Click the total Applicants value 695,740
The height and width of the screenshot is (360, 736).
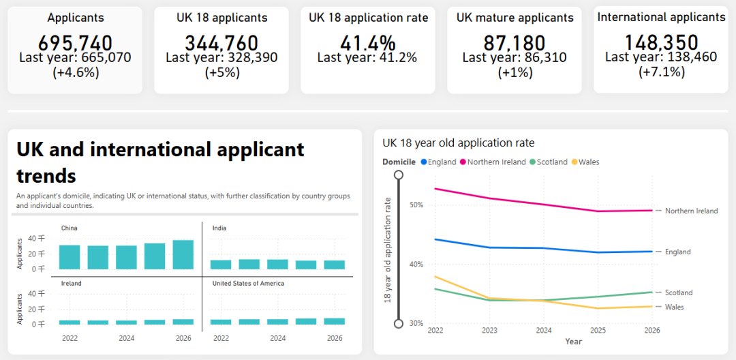click(75, 43)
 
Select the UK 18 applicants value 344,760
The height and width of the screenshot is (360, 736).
click(221, 43)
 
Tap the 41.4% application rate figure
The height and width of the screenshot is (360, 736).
click(367, 43)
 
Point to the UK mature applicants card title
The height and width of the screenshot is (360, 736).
click(515, 18)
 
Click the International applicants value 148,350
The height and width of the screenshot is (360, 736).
click(661, 43)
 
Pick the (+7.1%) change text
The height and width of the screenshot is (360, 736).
click(661, 72)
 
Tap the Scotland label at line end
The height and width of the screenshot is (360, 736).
click(679, 292)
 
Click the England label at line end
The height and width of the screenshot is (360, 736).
click(678, 252)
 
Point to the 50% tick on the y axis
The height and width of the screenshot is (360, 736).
click(418, 205)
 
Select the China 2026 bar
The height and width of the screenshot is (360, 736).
click(183, 255)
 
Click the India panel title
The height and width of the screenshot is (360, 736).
click(219, 228)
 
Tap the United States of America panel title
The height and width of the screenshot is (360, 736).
click(248, 284)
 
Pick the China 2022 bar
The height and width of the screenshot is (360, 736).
click(70, 257)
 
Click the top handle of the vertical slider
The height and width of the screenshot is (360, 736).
click(399, 175)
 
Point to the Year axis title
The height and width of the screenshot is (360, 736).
click(574, 342)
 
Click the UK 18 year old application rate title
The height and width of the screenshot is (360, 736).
click(459, 142)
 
